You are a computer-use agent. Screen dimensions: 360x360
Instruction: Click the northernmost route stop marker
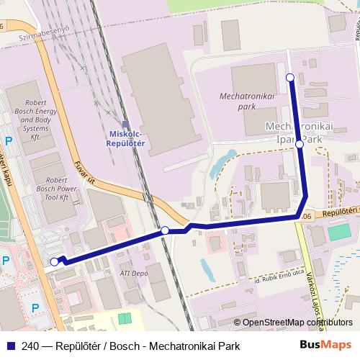coord(290,77)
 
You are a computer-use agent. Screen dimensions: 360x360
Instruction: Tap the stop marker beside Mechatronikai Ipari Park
coord(300,144)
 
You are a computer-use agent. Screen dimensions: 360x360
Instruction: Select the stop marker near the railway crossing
coord(165,230)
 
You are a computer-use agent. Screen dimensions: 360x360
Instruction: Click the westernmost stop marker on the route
coord(54,262)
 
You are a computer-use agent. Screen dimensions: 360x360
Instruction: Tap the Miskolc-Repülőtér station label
coord(126,139)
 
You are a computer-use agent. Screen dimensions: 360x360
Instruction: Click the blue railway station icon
coord(126,124)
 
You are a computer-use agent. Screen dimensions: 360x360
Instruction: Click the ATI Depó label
coord(135,273)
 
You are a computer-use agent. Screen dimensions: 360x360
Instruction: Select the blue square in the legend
coord(9,346)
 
